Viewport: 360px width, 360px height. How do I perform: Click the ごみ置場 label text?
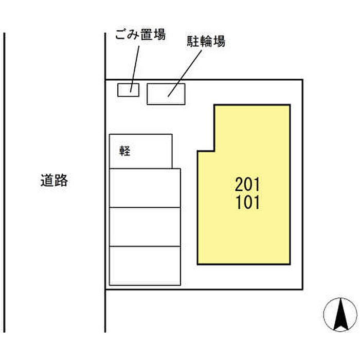click(140, 36)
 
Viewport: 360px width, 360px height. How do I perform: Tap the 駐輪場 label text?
click(205, 42)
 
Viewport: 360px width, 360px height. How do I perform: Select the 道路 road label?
click(54, 181)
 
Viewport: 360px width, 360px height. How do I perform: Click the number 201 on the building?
click(247, 184)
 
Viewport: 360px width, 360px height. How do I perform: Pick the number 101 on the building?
click(247, 202)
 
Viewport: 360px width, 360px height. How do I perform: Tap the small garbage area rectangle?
click(129, 89)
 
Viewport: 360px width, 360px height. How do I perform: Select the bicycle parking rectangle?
click(166, 94)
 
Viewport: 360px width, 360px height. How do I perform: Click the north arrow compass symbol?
click(340, 314)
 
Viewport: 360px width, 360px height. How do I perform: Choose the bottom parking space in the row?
click(145, 265)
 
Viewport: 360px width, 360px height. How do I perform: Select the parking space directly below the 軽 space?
click(145, 188)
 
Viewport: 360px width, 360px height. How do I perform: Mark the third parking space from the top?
click(145, 227)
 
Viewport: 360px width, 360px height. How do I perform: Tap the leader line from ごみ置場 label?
click(136, 67)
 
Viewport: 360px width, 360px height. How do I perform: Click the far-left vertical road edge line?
click(5, 180)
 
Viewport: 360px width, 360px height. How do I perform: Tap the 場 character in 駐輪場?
click(219, 42)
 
